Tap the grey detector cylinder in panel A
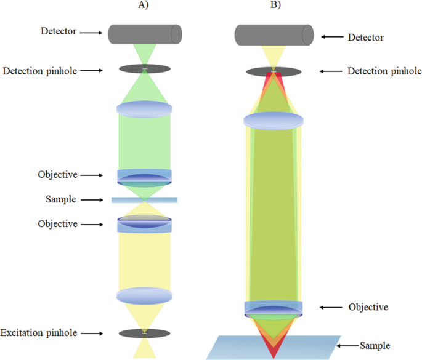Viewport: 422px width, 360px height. [144, 34]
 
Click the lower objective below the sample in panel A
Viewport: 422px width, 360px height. [144, 224]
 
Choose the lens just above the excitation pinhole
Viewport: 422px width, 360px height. [144, 296]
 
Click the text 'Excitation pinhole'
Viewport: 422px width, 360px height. [38, 333]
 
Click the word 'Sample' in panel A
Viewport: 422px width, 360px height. [60, 200]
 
